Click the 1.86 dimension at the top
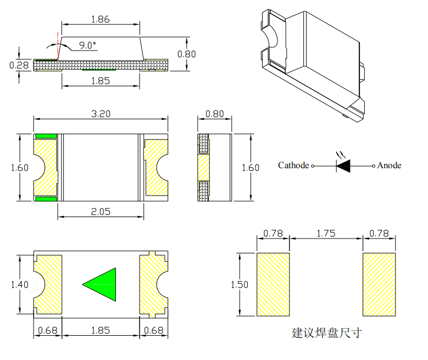[x=101, y=19]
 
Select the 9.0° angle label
[x=87, y=46]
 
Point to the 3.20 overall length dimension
[x=101, y=114]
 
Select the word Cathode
[x=293, y=165]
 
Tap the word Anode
[x=389, y=165]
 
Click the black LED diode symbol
[x=344, y=165]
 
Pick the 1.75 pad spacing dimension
[x=326, y=233]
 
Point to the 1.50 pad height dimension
[x=240, y=285]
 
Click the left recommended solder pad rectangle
[x=273, y=284]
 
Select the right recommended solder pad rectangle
[x=379, y=284]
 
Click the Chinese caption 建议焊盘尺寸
[x=326, y=333]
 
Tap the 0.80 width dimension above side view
[x=214, y=114]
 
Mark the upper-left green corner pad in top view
[x=46, y=136]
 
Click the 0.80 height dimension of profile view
[x=187, y=54]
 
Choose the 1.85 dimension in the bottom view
[x=101, y=330]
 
